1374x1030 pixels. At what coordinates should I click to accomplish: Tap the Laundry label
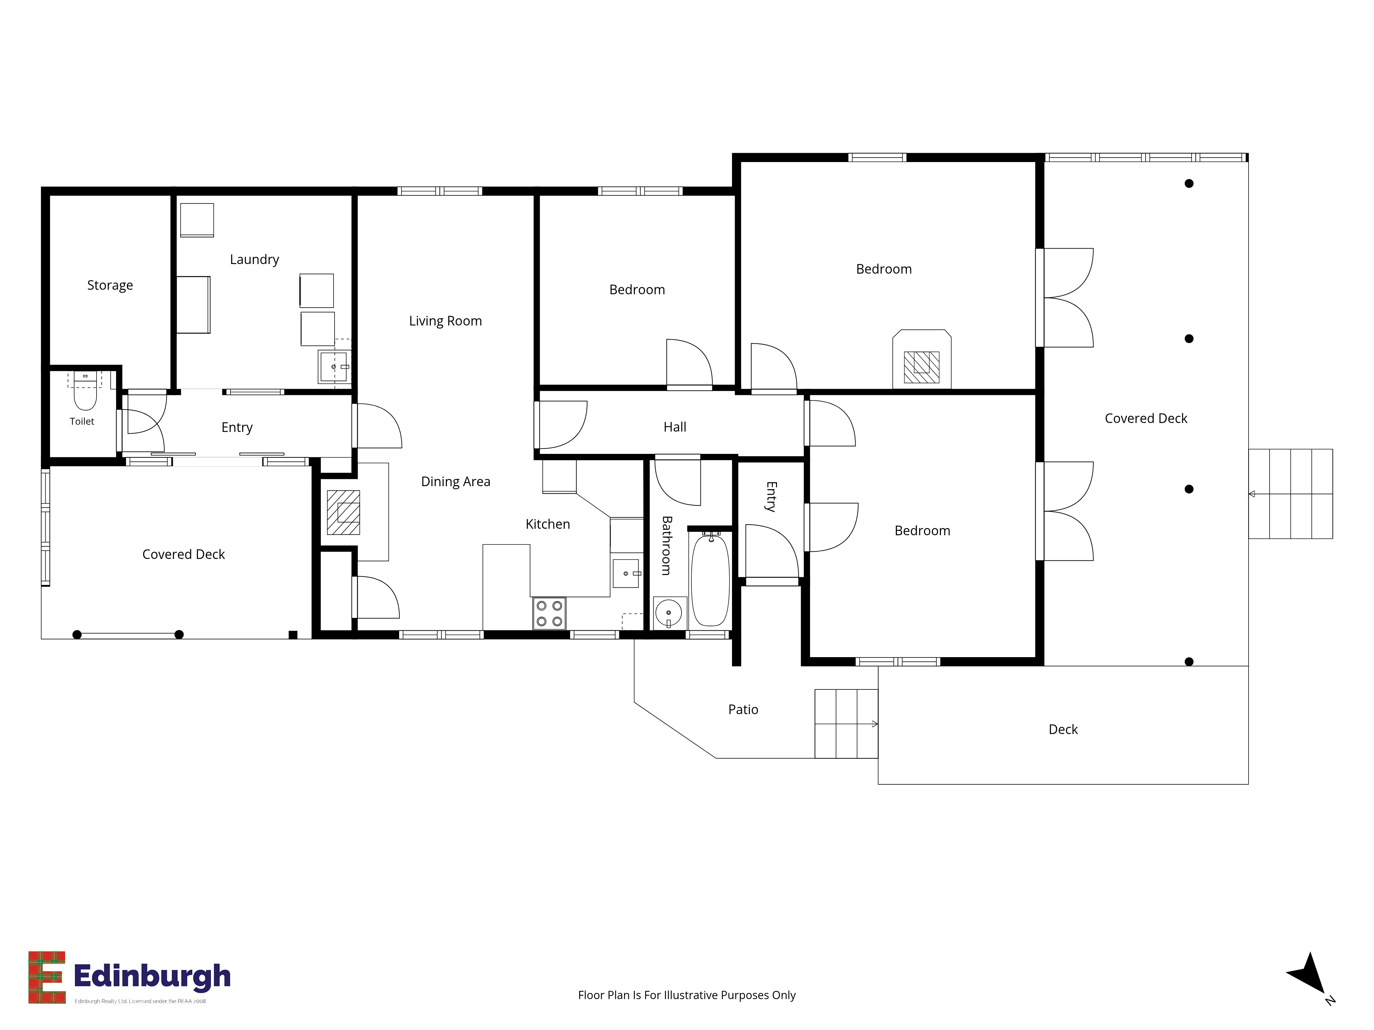pos(254,260)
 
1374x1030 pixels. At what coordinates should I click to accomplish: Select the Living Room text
pos(446,321)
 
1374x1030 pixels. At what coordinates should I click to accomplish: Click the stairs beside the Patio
pos(846,723)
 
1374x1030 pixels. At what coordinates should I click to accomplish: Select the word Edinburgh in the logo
pos(152,976)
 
